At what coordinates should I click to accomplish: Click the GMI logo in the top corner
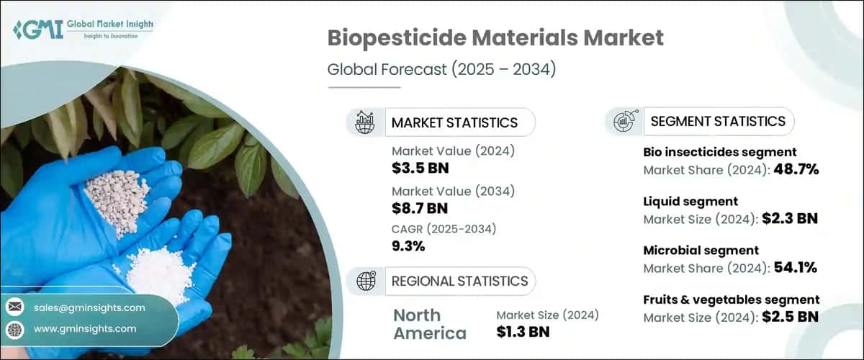pos(82,30)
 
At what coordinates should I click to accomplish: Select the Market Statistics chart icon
pos(365,122)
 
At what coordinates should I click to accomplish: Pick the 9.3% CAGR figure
pos(408,246)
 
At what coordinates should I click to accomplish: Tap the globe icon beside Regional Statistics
pos(365,281)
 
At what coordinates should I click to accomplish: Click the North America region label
pos(430,324)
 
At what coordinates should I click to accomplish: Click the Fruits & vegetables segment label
pos(731,299)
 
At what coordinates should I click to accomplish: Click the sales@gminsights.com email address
pos(89,307)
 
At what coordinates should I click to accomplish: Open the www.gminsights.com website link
pos(85,329)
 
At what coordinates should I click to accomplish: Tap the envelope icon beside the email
pos(15,307)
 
